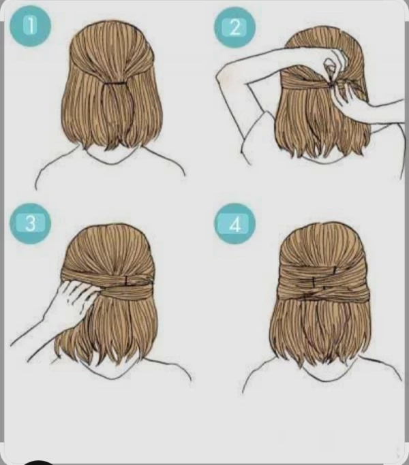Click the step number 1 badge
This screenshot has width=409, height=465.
coord(30,26)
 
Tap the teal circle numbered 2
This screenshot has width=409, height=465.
coord(234,27)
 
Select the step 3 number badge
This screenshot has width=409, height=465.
coord(30,223)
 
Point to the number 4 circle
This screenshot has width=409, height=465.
coord(234,224)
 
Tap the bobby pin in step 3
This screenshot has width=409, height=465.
coord(127,280)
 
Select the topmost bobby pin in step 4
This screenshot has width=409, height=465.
coord(335,270)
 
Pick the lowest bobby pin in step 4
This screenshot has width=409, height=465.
coord(324,288)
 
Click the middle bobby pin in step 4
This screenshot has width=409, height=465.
coord(314,280)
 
